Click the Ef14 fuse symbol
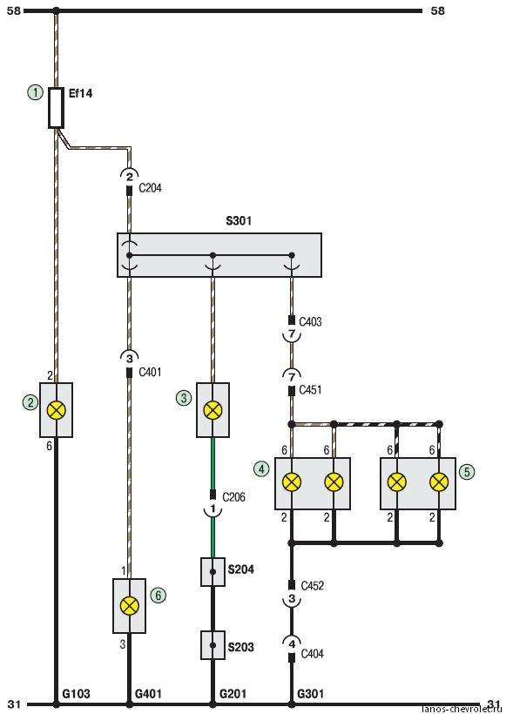coord(56,108)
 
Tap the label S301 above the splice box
coord(239,221)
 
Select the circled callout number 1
coord(35,92)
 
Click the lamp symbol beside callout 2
coord(57,410)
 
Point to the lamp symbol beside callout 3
coord(213,410)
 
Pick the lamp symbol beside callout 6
coord(130,606)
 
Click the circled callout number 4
coord(261,468)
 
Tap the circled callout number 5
coord(467,472)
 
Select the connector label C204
coord(150,188)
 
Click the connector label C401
coord(150,373)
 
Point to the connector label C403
coord(310,322)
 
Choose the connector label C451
coord(310,390)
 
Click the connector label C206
coord(233,497)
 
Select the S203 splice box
coord(213,645)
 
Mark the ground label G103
coord(76,694)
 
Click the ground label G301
coord(311,694)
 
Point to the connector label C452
coord(313,586)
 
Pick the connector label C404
coord(313,654)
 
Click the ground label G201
coord(233,694)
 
